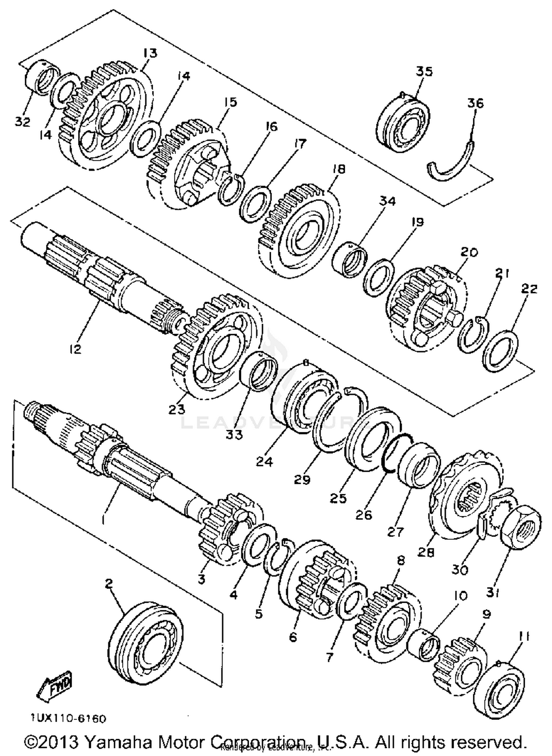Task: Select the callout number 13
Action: [150, 53]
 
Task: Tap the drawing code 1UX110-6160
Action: [68, 718]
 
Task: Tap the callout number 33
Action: [234, 435]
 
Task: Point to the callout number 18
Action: [339, 169]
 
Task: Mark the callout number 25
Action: [338, 498]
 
